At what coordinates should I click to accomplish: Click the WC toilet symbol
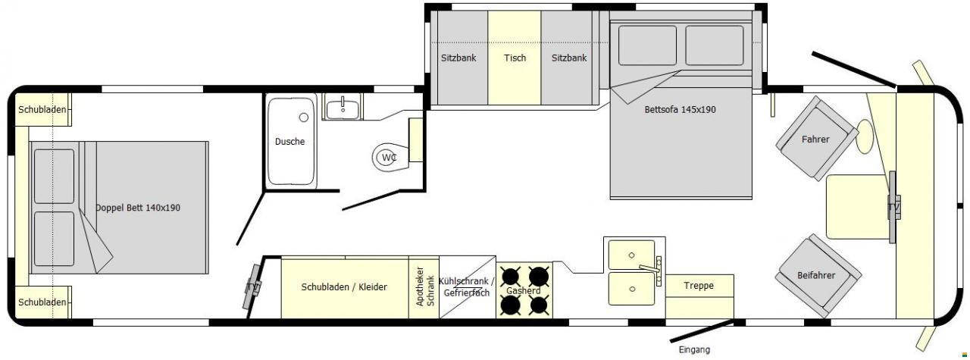[390, 157]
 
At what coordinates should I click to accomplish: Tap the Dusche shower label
[289, 142]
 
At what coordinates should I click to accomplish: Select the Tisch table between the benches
[515, 58]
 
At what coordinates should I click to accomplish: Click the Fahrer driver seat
[816, 138]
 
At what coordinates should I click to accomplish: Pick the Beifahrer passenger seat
[818, 276]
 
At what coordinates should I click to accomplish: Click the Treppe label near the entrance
[699, 286]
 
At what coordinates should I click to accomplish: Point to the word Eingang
[694, 349]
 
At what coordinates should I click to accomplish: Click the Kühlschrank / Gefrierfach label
[466, 286]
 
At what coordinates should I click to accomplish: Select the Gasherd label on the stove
[523, 291]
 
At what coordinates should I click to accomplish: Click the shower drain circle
[304, 117]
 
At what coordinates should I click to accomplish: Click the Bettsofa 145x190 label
[680, 110]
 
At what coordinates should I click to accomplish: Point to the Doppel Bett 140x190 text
[138, 208]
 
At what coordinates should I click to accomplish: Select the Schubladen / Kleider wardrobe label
[344, 286]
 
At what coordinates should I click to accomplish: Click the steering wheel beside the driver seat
[865, 136]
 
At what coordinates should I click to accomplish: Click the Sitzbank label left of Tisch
[458, 58]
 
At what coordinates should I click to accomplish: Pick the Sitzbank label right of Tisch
[569, 58]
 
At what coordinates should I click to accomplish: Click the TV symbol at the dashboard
[893, 207]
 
